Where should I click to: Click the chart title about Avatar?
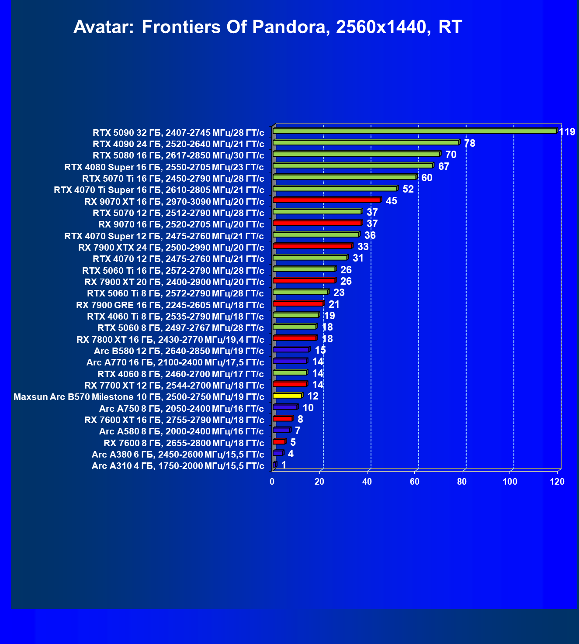(x=267, y=27)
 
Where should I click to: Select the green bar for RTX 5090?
(x=414, y=131)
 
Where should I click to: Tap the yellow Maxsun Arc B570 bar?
(x=287, y=396)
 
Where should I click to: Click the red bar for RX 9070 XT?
(x=326, y=200)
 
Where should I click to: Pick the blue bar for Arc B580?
(x=291, y=349)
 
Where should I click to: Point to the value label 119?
(x=567, y=132)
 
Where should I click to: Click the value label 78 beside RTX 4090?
(x=469, y=143)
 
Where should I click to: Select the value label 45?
(x=392, y=201)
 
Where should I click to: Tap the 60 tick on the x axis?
(x=415, y=482)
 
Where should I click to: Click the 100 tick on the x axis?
(x=510, y=482)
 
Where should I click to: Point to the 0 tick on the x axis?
(x=272, y=482)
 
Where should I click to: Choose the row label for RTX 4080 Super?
(x=164, y=167)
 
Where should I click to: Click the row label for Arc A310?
(x=178, y=466)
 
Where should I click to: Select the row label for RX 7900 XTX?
(x=171, y=248)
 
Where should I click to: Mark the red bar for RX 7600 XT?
(x=282, y=419)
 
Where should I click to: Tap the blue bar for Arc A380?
(x=277, y=453)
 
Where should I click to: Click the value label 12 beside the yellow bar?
(x=313, y=396)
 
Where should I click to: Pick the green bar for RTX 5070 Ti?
(x=344, y=177)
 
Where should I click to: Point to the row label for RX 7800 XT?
(x=170, y=340)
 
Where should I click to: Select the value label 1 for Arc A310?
(x=284, y=465)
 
